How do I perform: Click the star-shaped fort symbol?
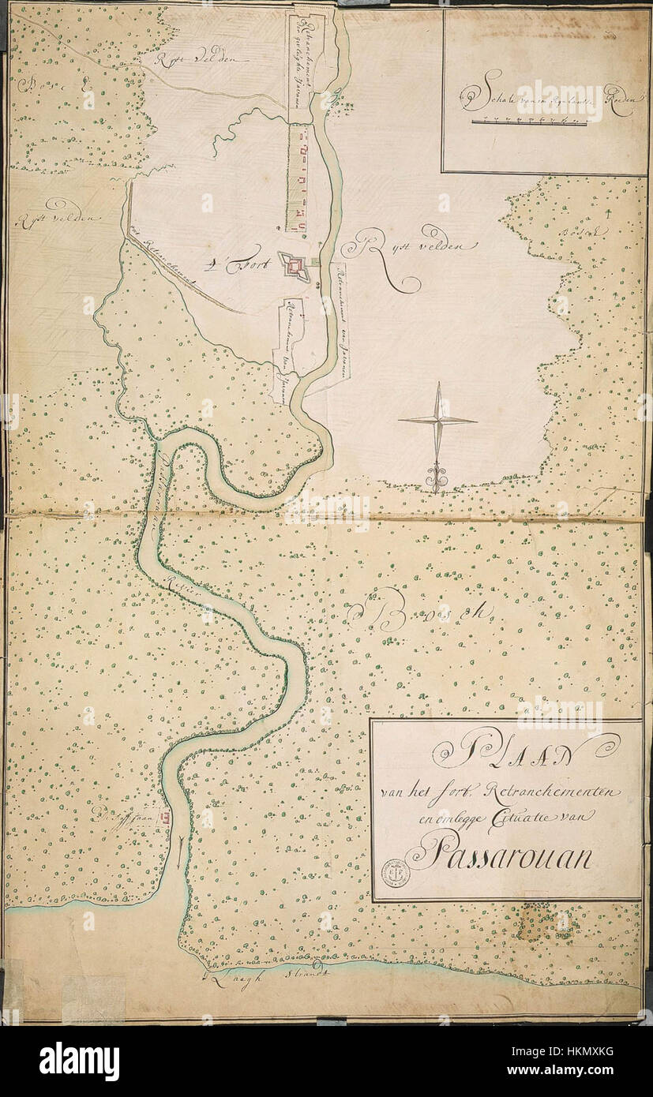click(x=296, y=268)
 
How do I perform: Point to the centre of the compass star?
click(x=437, y=420)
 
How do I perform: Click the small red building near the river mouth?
click(x=166, y=818)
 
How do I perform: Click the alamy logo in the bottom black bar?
click(x=79, y=1061)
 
